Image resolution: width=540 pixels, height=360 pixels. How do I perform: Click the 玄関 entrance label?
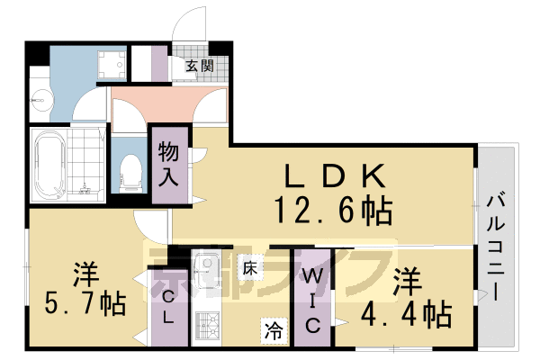click(199, 65)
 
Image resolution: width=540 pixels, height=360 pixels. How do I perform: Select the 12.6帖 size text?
click(333, 211)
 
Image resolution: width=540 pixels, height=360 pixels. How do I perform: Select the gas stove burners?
click(207, 324)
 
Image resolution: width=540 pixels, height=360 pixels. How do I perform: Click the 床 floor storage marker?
click(250, 266)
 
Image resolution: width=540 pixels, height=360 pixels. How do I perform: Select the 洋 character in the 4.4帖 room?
click(407, 278)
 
